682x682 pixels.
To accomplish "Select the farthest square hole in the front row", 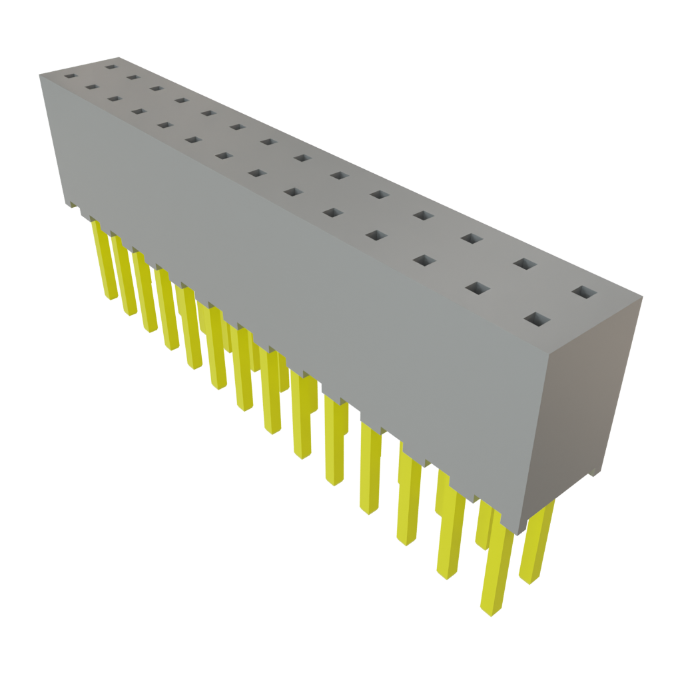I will pos(70,76).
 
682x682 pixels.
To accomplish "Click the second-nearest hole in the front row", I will pos(478,288).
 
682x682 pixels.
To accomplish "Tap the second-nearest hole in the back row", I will pos(525,264).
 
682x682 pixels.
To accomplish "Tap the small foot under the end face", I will pos(593,473).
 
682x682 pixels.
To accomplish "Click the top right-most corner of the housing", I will pos(643,298).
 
